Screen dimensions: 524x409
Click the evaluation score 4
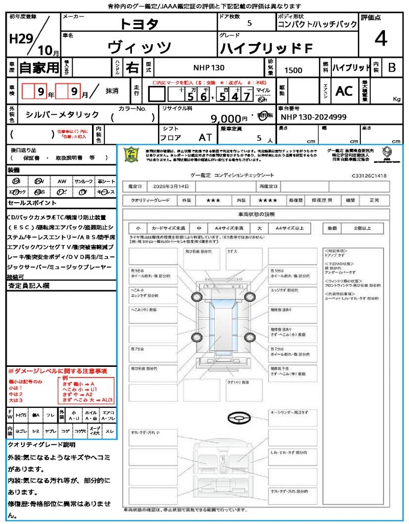pos(381,38)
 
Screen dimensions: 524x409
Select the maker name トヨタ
pos(140,24)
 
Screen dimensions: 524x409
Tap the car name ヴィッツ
pos(140,47)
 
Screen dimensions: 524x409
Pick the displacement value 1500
pos(293,70)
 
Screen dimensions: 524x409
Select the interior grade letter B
pos(392,68)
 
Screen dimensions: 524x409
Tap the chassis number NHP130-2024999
pos(314,117)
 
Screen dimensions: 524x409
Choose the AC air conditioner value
pos(344,91)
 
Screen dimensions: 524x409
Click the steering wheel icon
pos(238,419)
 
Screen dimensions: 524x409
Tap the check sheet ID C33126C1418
pos(369,176)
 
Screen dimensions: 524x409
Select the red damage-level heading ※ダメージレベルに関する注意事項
pos(57,370)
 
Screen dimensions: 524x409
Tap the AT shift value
pos(205,137)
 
